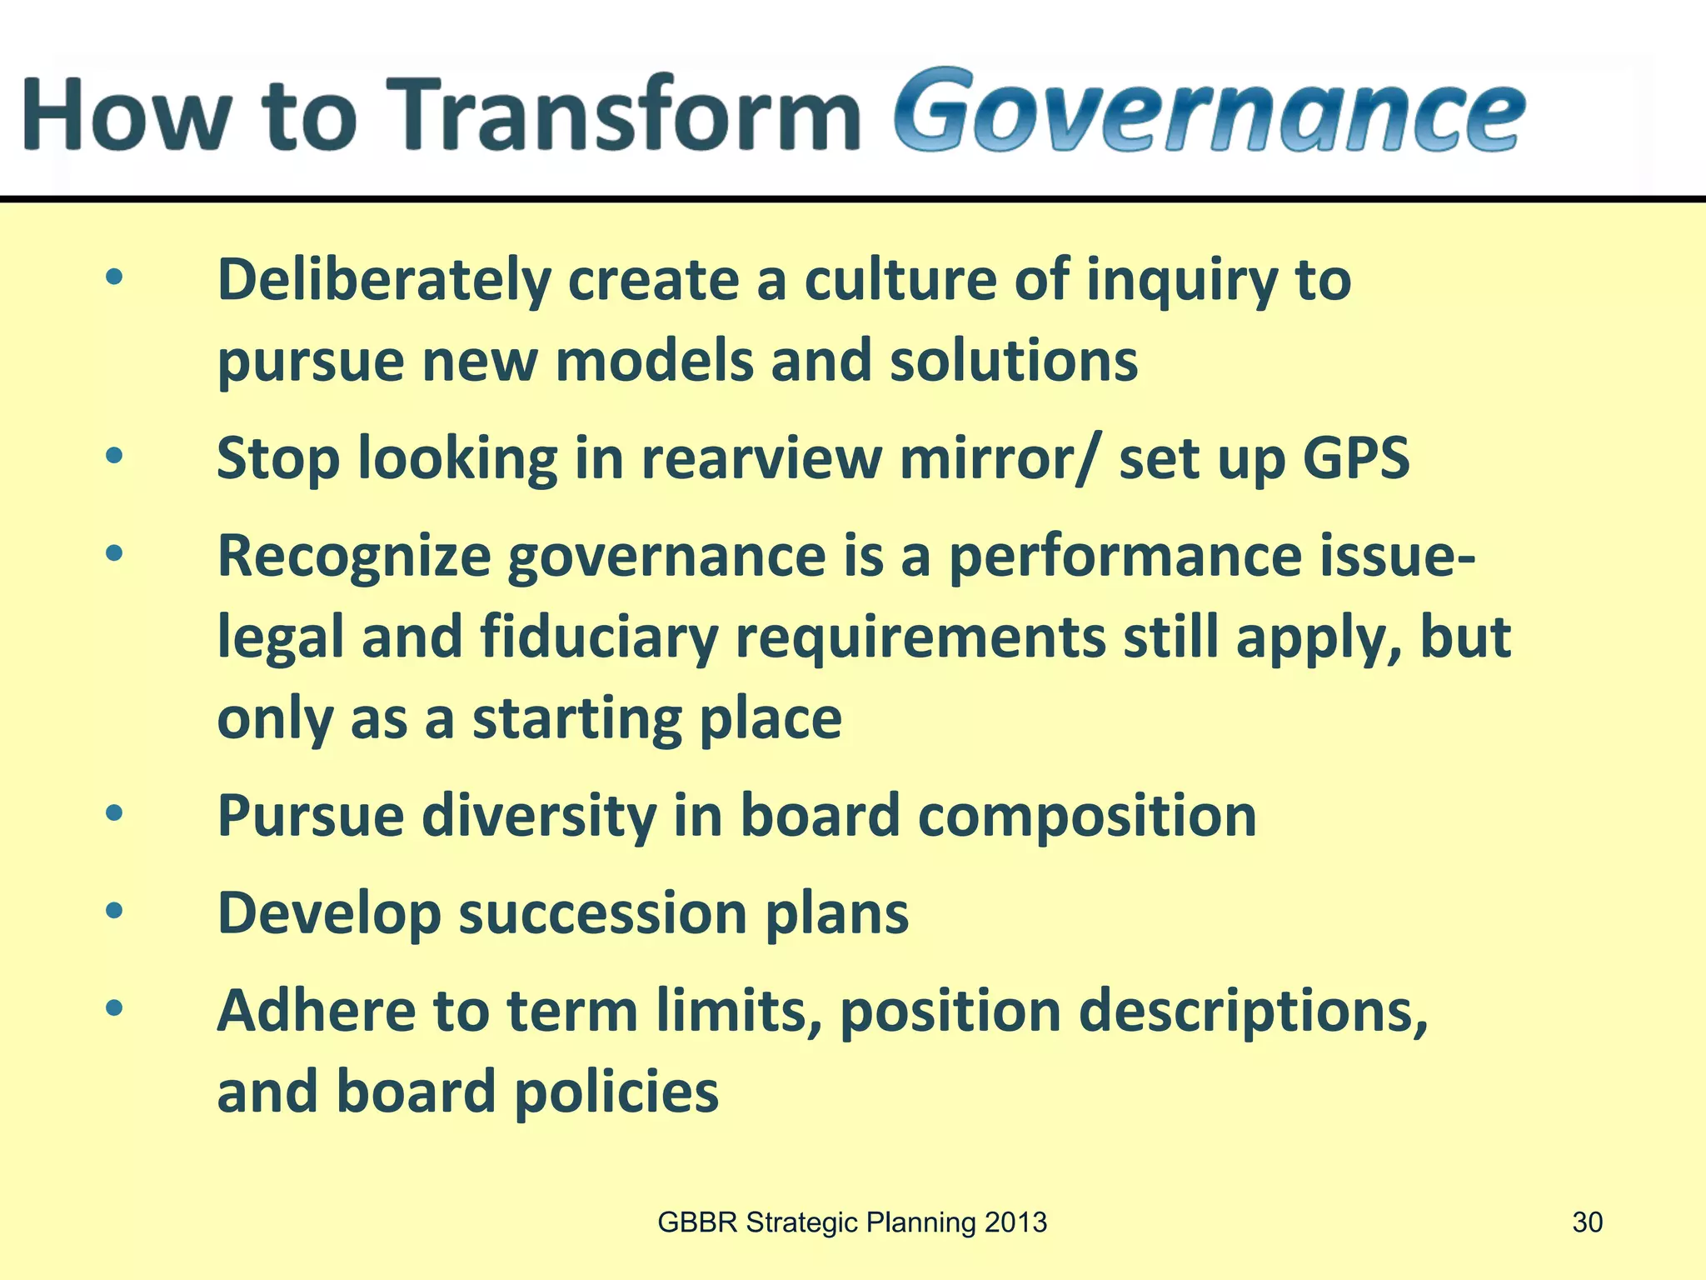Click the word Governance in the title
[x=1210, y=112]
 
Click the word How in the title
[x=125, y=114]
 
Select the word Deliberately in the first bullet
[x=384, y=281]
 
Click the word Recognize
[x=354, y=557]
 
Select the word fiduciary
[x=599, y=637]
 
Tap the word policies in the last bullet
[x=616, y=1092]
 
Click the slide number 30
[x=1587, y=1222]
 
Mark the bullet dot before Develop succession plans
[x=114, y=911]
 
